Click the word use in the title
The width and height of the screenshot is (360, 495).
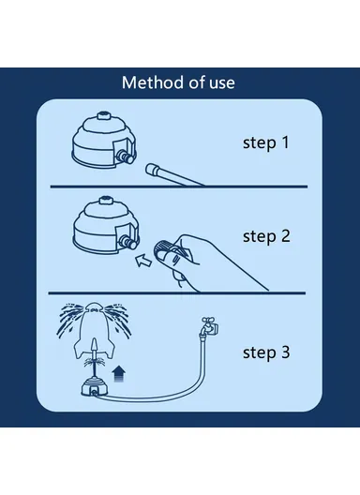(x=222, y=83)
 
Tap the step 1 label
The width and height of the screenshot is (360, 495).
(x=266, y=143)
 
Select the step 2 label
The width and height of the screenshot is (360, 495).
(x=266, y=236)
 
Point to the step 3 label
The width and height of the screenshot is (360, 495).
(x=266, y=352)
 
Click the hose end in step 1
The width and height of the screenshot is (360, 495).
(x=152, y=169)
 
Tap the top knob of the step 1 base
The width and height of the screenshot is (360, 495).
(x=103, y=115)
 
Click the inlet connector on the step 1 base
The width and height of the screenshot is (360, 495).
(x=125, y=157)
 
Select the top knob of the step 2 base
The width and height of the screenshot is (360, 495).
(x=104, y=201)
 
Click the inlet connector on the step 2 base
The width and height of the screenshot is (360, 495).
(x=128, y=243)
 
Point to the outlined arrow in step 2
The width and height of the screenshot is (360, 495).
(x=143, y=261)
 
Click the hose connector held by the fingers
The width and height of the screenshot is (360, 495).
(x=161, y=247)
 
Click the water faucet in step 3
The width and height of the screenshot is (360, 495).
(x=208, y=327)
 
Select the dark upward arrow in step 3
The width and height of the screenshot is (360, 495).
(x=118, y=374)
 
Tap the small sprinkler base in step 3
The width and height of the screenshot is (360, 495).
(x=94, y=387)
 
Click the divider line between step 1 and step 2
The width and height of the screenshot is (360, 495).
(x=179, y=187)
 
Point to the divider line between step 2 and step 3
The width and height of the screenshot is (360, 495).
(x=177, y=293)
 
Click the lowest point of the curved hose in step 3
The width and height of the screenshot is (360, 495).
(x=148, y=400)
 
